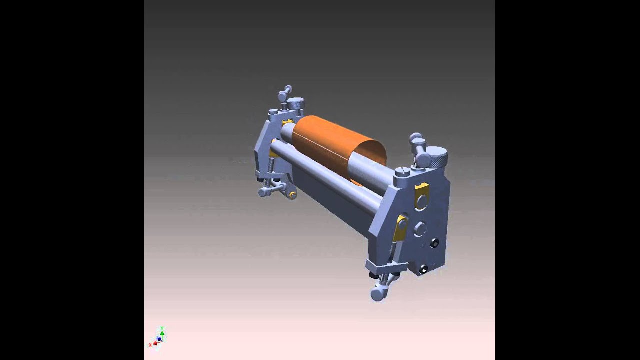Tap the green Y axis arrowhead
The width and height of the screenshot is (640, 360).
(x=162, y=332)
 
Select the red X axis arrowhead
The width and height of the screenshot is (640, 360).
(x=155, y=343)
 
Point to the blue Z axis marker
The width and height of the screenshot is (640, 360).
(x=159, y=339)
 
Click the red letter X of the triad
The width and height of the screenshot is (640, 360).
(x=150, y=345)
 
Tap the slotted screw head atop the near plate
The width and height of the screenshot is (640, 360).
(x=402, y=171)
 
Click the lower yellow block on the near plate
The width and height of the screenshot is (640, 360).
(x=401, y=227)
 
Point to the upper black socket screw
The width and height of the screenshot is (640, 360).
(x=434, y=243)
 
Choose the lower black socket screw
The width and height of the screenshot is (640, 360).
(x=424, y=270)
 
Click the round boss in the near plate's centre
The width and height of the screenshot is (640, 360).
(x=420, y=229)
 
